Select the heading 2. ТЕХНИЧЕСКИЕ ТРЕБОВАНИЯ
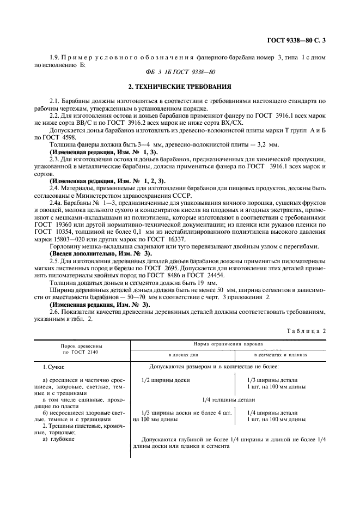(x=180, y=87)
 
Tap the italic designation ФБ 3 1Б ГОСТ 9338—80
(x=180, y=72)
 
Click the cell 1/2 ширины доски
(x=165, y=379)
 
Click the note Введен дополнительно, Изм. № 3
(x=101, y=253)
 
